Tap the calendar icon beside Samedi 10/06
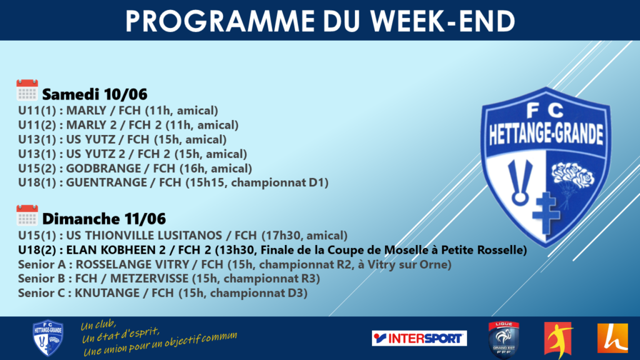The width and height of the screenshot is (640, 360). (27, 90)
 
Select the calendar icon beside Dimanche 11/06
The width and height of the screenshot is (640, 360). (27, 215)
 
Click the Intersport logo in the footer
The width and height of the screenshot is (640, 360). (419, 338)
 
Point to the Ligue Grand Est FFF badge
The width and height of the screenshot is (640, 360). (504, 339)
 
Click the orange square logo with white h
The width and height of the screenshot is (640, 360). (612, 338)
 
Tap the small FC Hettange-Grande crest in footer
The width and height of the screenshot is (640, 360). (47, 337)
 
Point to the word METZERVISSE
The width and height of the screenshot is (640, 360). (149, 279)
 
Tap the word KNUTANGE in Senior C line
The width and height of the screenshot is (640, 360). (107, 293)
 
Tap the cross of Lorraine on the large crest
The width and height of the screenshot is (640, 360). (546, 212)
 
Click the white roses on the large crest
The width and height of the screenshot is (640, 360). (572, 174)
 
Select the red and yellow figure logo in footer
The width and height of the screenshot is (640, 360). (558, 339)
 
